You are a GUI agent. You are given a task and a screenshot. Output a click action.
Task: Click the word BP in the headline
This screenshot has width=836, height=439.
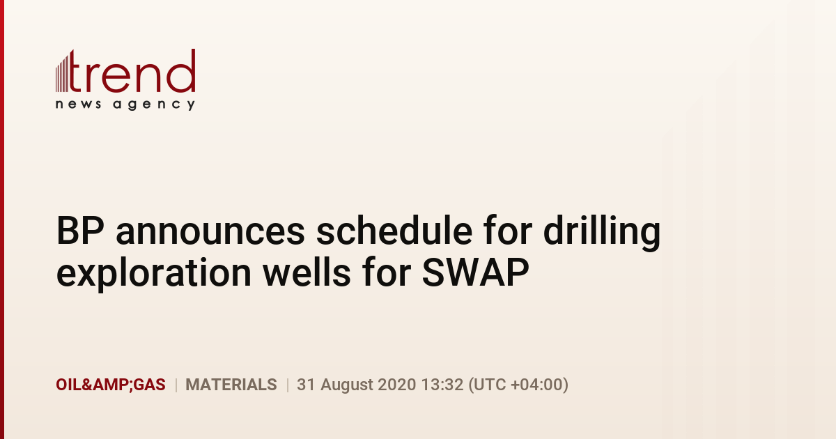(x=80, y=231)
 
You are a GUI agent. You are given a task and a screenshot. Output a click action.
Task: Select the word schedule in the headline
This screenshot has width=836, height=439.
(x=394, y=231)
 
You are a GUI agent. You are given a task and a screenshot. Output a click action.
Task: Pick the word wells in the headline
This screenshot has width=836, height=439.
(x=307, y=272)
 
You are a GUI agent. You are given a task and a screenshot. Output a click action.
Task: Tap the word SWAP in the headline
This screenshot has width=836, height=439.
(x=475, y=272)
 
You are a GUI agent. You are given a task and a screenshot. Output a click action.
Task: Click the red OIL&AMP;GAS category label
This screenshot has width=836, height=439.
(x=111, y=385)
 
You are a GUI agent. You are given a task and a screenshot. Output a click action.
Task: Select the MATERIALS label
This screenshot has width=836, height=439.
(x=231, y=385)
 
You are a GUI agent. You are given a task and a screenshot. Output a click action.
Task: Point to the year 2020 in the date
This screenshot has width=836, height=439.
(x=396, y=385)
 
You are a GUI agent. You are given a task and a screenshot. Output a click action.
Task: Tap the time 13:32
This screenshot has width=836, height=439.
(x=442, y=385)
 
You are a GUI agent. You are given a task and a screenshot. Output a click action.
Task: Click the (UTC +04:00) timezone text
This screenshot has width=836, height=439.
(x=518, y=385)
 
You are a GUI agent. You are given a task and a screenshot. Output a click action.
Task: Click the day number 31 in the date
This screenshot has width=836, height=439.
(x=306, y=385)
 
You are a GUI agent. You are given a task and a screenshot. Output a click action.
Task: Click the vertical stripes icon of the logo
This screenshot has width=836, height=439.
(x=62, y=73)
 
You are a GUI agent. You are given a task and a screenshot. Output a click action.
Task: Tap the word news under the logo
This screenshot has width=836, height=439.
(x=78, y=104)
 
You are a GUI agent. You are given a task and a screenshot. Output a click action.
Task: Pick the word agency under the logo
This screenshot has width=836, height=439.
(x=154, y=105)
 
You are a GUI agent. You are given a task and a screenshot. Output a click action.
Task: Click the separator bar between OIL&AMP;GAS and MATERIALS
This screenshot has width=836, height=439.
(x=176, y=385)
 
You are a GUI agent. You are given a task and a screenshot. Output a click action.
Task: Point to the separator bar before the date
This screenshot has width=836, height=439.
(x=287, y=385)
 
